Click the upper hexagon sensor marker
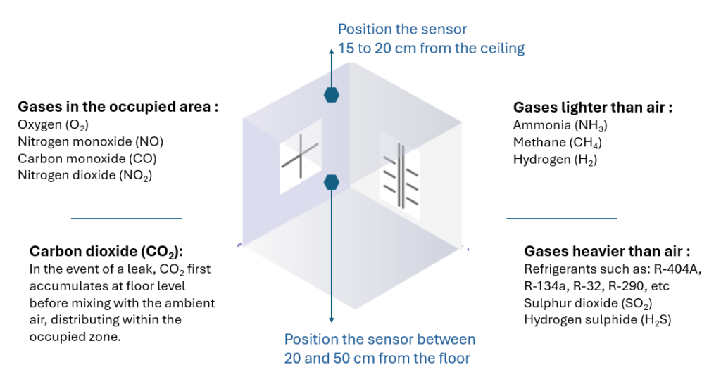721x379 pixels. pos(332,94)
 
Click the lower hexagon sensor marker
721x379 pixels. pos(332,182)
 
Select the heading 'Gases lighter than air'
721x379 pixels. pos(593,108)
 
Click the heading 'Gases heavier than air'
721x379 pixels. pos(607,251)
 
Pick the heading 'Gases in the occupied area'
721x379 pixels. pos(118,108)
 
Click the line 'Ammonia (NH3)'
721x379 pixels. pos(560,126)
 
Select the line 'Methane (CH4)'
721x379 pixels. pos(558,143)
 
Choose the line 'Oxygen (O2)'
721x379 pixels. pos(53,126)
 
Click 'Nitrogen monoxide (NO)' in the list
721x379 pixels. pos(90,142)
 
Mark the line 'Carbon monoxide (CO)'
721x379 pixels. pos(87,159)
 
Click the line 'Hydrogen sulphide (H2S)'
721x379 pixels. pos(597,320)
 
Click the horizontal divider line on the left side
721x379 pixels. pos(126,219)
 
